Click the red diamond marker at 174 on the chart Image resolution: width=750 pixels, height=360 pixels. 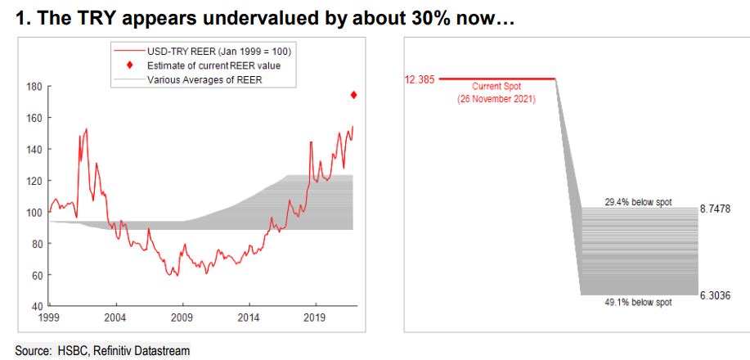353,95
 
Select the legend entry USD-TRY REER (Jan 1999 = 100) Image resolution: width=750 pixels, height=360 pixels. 219,52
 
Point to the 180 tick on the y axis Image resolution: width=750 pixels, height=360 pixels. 34,86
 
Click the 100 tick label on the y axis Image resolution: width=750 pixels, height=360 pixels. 34,213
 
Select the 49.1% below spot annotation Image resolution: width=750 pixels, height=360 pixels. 639,302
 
